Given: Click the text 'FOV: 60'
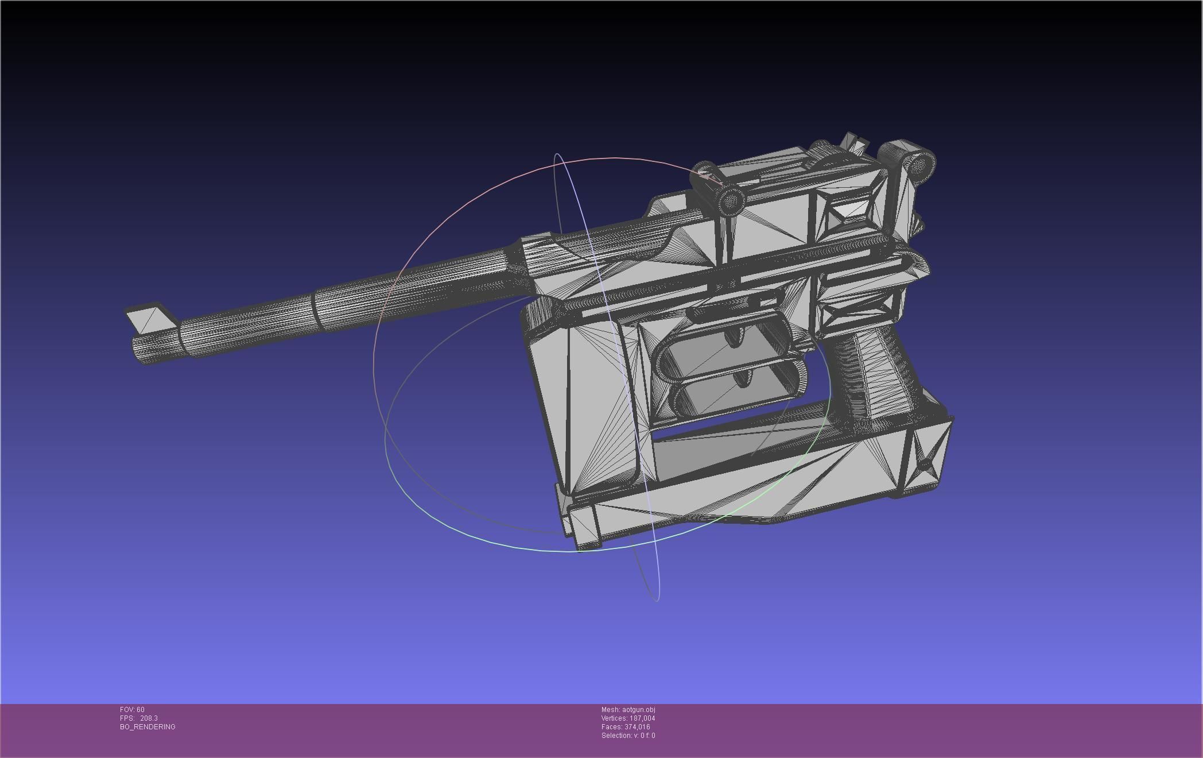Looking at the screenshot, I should [x=132, y=710].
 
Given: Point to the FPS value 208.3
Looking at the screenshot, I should [x=149, y=718].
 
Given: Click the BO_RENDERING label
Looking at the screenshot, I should [x=148, y=727].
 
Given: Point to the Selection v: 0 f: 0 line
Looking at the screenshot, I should [x=628, y=736].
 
